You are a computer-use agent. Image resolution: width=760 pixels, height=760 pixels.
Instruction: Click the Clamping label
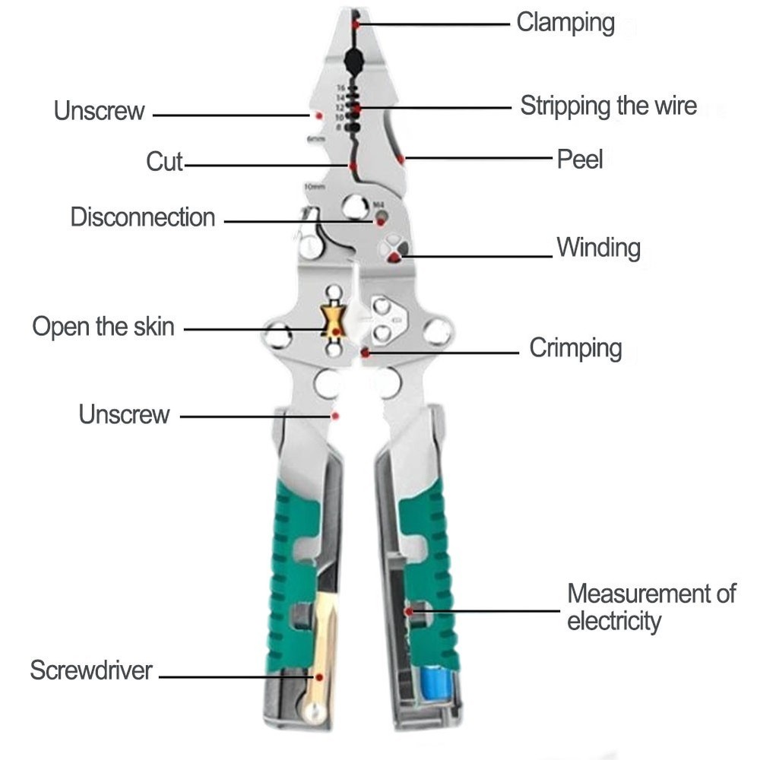click(x=565, y=22)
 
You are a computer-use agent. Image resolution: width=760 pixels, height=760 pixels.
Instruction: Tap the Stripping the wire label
click(x=608, y=106)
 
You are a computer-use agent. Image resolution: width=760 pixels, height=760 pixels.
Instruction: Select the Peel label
click(x=580, y=159)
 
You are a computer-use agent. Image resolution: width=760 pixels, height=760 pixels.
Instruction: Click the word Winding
click(x=598, y=248)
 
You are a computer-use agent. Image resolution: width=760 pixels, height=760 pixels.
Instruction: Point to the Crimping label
click(x=575, y=349)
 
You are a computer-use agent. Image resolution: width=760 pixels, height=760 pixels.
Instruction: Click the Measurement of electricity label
click(x=651, y=606)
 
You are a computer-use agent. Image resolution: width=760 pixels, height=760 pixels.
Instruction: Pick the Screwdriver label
click(x=91, y=670)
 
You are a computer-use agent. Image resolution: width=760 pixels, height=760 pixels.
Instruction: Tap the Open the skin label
click(x=103, y=327)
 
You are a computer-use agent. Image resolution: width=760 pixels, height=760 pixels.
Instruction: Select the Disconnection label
click(x=143, y=217)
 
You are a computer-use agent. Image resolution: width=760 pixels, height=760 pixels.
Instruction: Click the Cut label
click(x=165, y=161)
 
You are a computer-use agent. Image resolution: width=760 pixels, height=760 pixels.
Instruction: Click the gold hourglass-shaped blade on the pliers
click(x=334, y=320)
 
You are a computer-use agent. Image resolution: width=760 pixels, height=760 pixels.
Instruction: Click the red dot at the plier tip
click(x=355, y=24)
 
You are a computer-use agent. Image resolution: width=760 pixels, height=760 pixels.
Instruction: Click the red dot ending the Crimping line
click(x=366, y=353)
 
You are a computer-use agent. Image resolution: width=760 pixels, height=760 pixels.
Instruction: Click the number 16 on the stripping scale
click(x=340, y=88)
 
